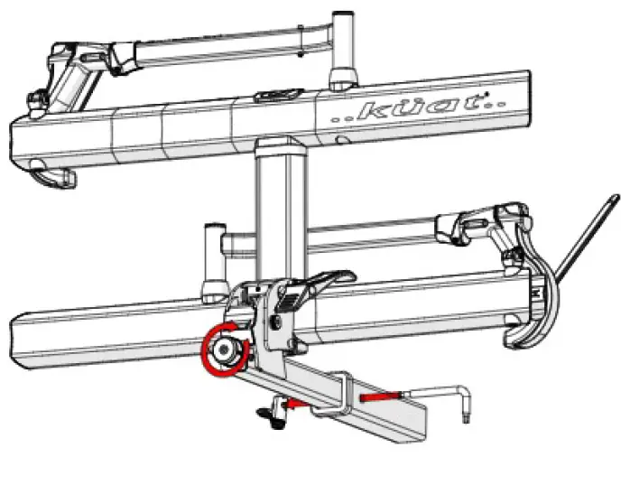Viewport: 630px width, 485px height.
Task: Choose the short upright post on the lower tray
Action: click(x=214, y=262)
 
